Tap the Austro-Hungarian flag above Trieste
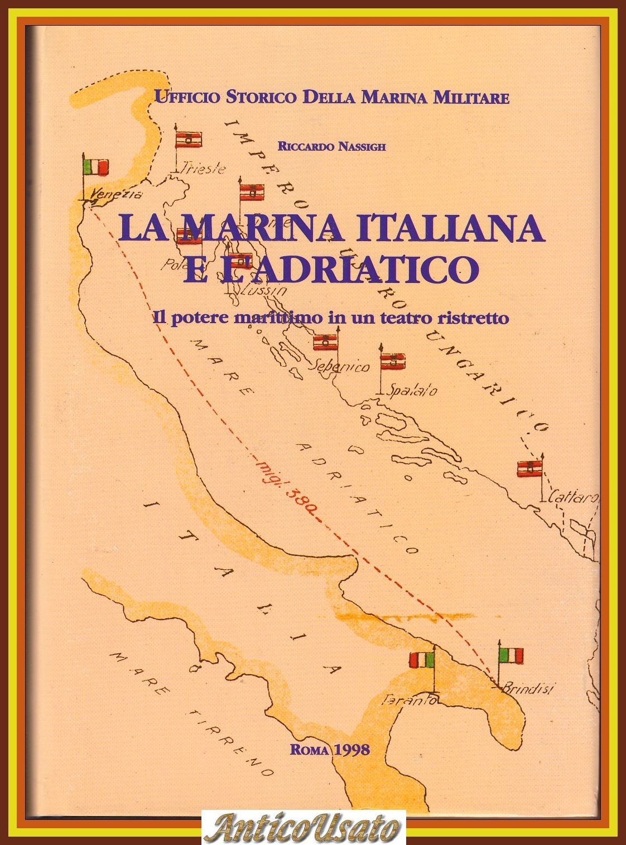tap(189, 140)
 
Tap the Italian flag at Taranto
tap(422, 660)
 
